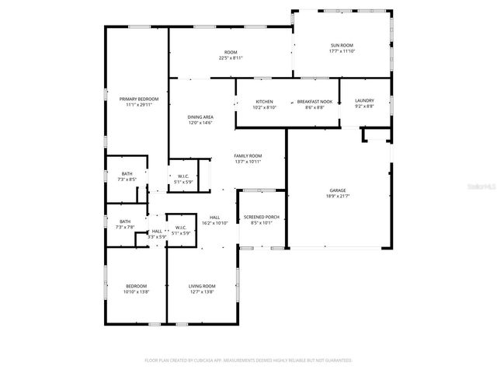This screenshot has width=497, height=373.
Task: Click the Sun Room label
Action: tap(341, 46)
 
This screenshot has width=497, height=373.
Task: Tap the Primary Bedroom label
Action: tap(139, 99)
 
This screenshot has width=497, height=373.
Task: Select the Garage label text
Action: tap(337, 190)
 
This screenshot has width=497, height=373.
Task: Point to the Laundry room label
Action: tap(364, 101)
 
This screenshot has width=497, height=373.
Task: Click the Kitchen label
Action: tap(265, 102)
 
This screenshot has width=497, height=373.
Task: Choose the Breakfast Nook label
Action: tap(315, 102)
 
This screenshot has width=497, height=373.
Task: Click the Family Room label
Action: tap(248, 155)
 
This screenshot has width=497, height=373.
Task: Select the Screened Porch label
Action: tap(261, 217)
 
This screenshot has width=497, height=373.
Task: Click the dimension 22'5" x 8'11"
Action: tap(231, 58)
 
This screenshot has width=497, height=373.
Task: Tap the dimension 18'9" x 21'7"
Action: tap(337, 197)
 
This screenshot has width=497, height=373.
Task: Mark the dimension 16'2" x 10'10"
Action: tap(214, 223)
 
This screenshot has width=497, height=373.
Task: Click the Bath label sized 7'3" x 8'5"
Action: tap(127, 174)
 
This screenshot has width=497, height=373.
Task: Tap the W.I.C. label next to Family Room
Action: tap(184, 176)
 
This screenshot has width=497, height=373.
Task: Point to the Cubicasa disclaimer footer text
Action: tap(248, 361)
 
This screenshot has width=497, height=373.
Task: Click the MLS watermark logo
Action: tap(482, 187)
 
